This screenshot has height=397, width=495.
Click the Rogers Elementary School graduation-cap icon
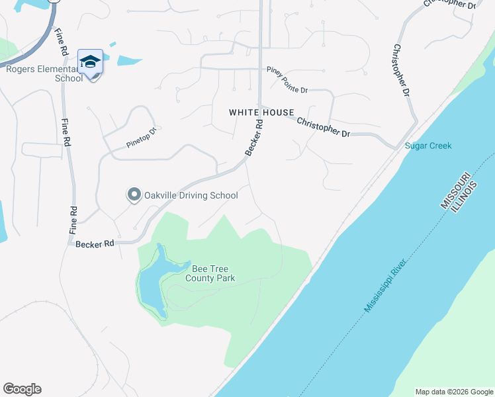(x=90, y=62)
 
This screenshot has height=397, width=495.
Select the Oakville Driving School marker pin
(x=134, y=195)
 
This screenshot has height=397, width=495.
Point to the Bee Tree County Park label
(x=213, y=274)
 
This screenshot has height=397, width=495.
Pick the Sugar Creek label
(x=428, y=146)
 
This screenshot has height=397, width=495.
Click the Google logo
(x=22, y=389)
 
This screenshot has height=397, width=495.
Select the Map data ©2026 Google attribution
(x=454, y=392)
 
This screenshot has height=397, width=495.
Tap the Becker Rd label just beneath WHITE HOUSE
(x=254, y=138)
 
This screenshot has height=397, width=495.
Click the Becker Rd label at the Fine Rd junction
(x=95, y=244)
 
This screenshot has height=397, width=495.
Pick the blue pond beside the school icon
(x=130, y=60)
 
